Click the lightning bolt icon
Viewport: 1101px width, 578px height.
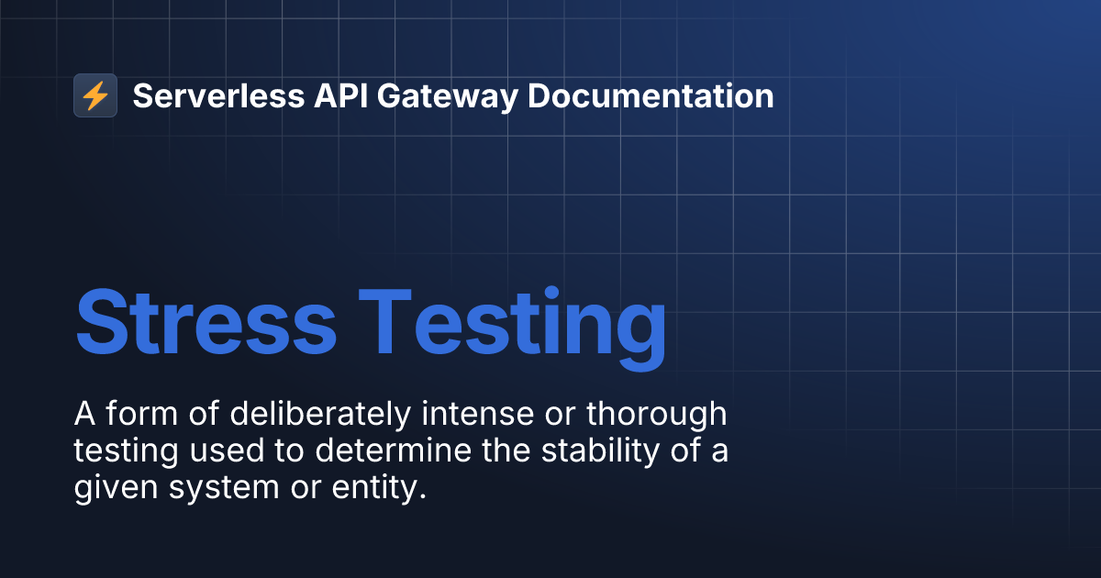coord(95,95)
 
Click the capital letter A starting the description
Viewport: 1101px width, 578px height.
coord(84,415)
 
